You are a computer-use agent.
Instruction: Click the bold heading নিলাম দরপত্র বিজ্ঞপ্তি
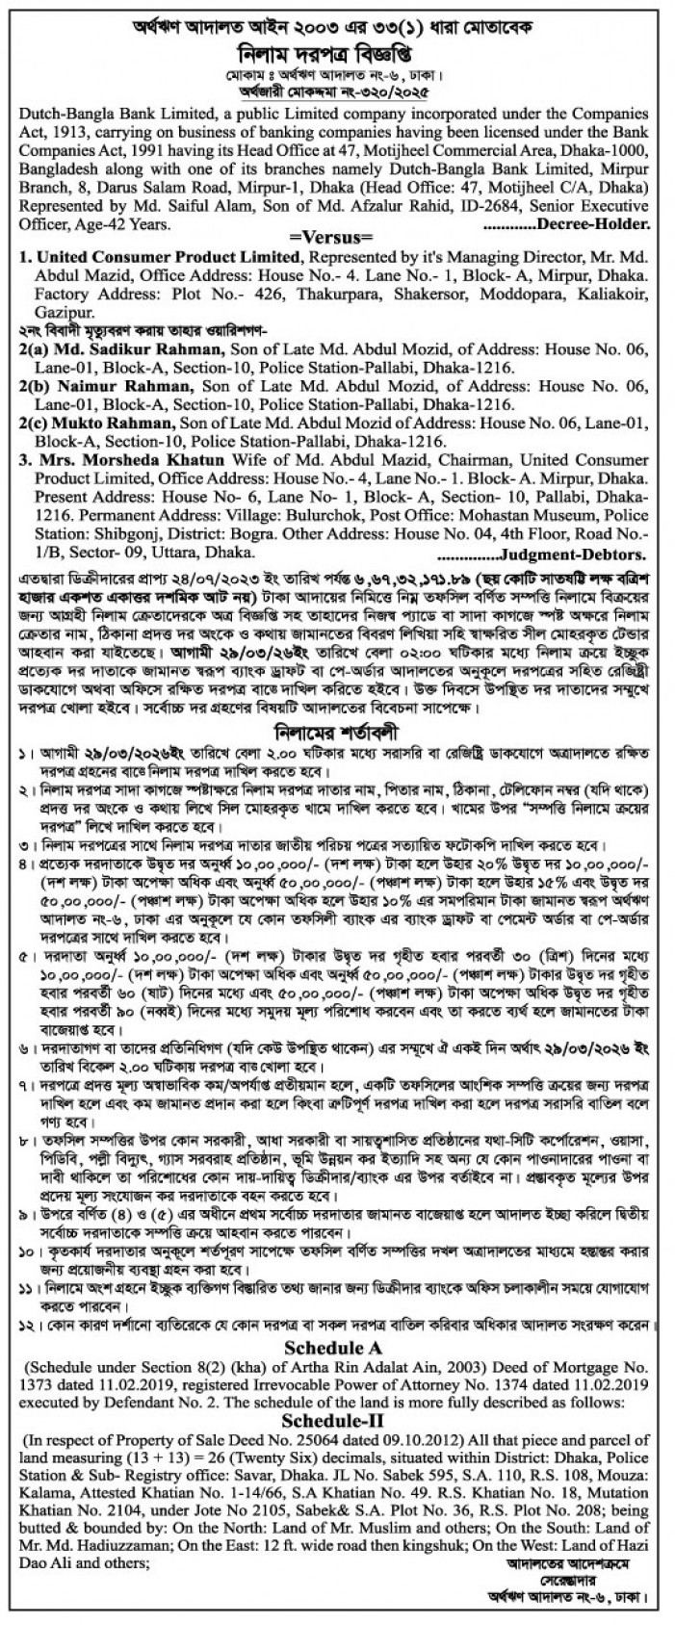tap(337, 52)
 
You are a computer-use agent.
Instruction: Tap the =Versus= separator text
tap(337, 234)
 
